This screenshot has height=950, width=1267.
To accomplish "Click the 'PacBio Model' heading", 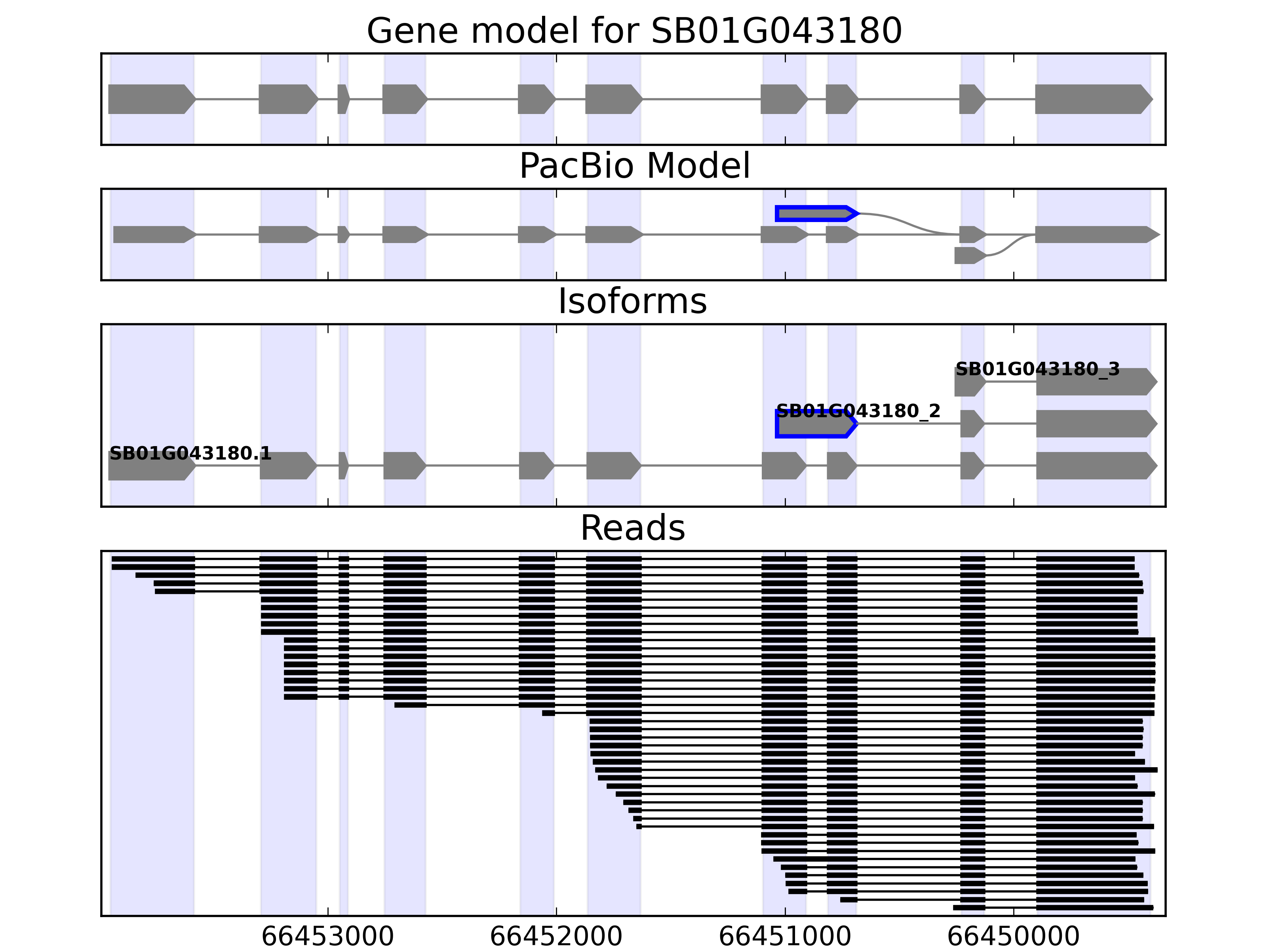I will [634, 166].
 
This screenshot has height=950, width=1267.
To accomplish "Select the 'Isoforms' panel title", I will [632, 301].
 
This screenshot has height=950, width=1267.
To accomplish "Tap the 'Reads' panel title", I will [632, 528].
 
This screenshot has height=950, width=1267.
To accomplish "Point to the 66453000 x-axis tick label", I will [327, 937].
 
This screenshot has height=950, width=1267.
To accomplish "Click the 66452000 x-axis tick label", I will [556, 937].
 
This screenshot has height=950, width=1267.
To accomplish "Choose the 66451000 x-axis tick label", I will [785, 937].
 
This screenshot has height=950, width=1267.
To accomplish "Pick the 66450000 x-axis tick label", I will [1013, 937].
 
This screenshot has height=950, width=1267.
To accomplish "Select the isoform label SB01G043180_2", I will [858, 411].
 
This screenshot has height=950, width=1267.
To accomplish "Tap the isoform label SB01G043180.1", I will [190, 454].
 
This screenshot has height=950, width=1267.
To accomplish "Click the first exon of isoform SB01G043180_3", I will [968, 382].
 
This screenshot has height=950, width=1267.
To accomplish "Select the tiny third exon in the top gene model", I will [342, 99].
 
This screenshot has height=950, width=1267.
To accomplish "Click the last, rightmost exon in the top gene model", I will [1092, 99].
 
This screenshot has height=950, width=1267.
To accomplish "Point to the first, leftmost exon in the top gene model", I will [150, 99].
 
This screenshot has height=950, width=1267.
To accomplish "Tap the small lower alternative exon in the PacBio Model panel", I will [968, 255].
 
